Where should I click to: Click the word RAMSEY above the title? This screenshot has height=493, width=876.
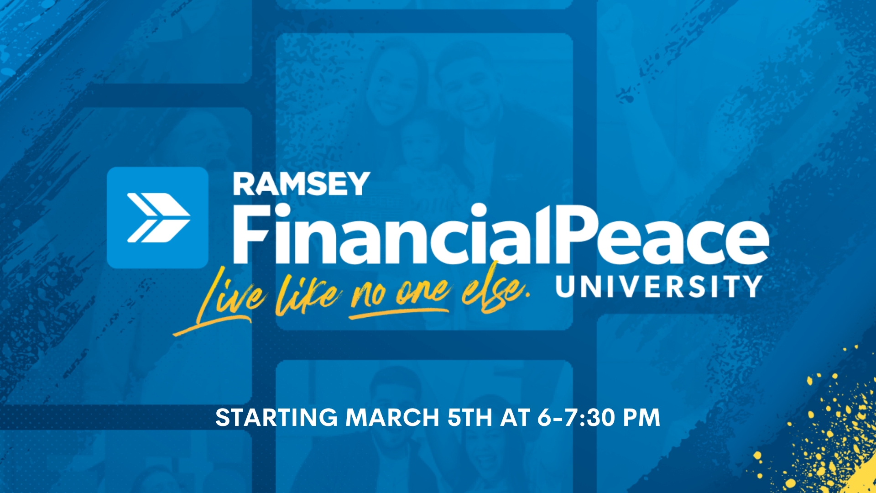pos(301,184)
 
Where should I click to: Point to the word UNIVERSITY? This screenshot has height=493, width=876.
pos(658,286)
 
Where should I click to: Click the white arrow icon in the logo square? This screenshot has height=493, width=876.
pos(158,218)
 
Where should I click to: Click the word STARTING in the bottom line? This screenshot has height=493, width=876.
pos(276,418)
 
